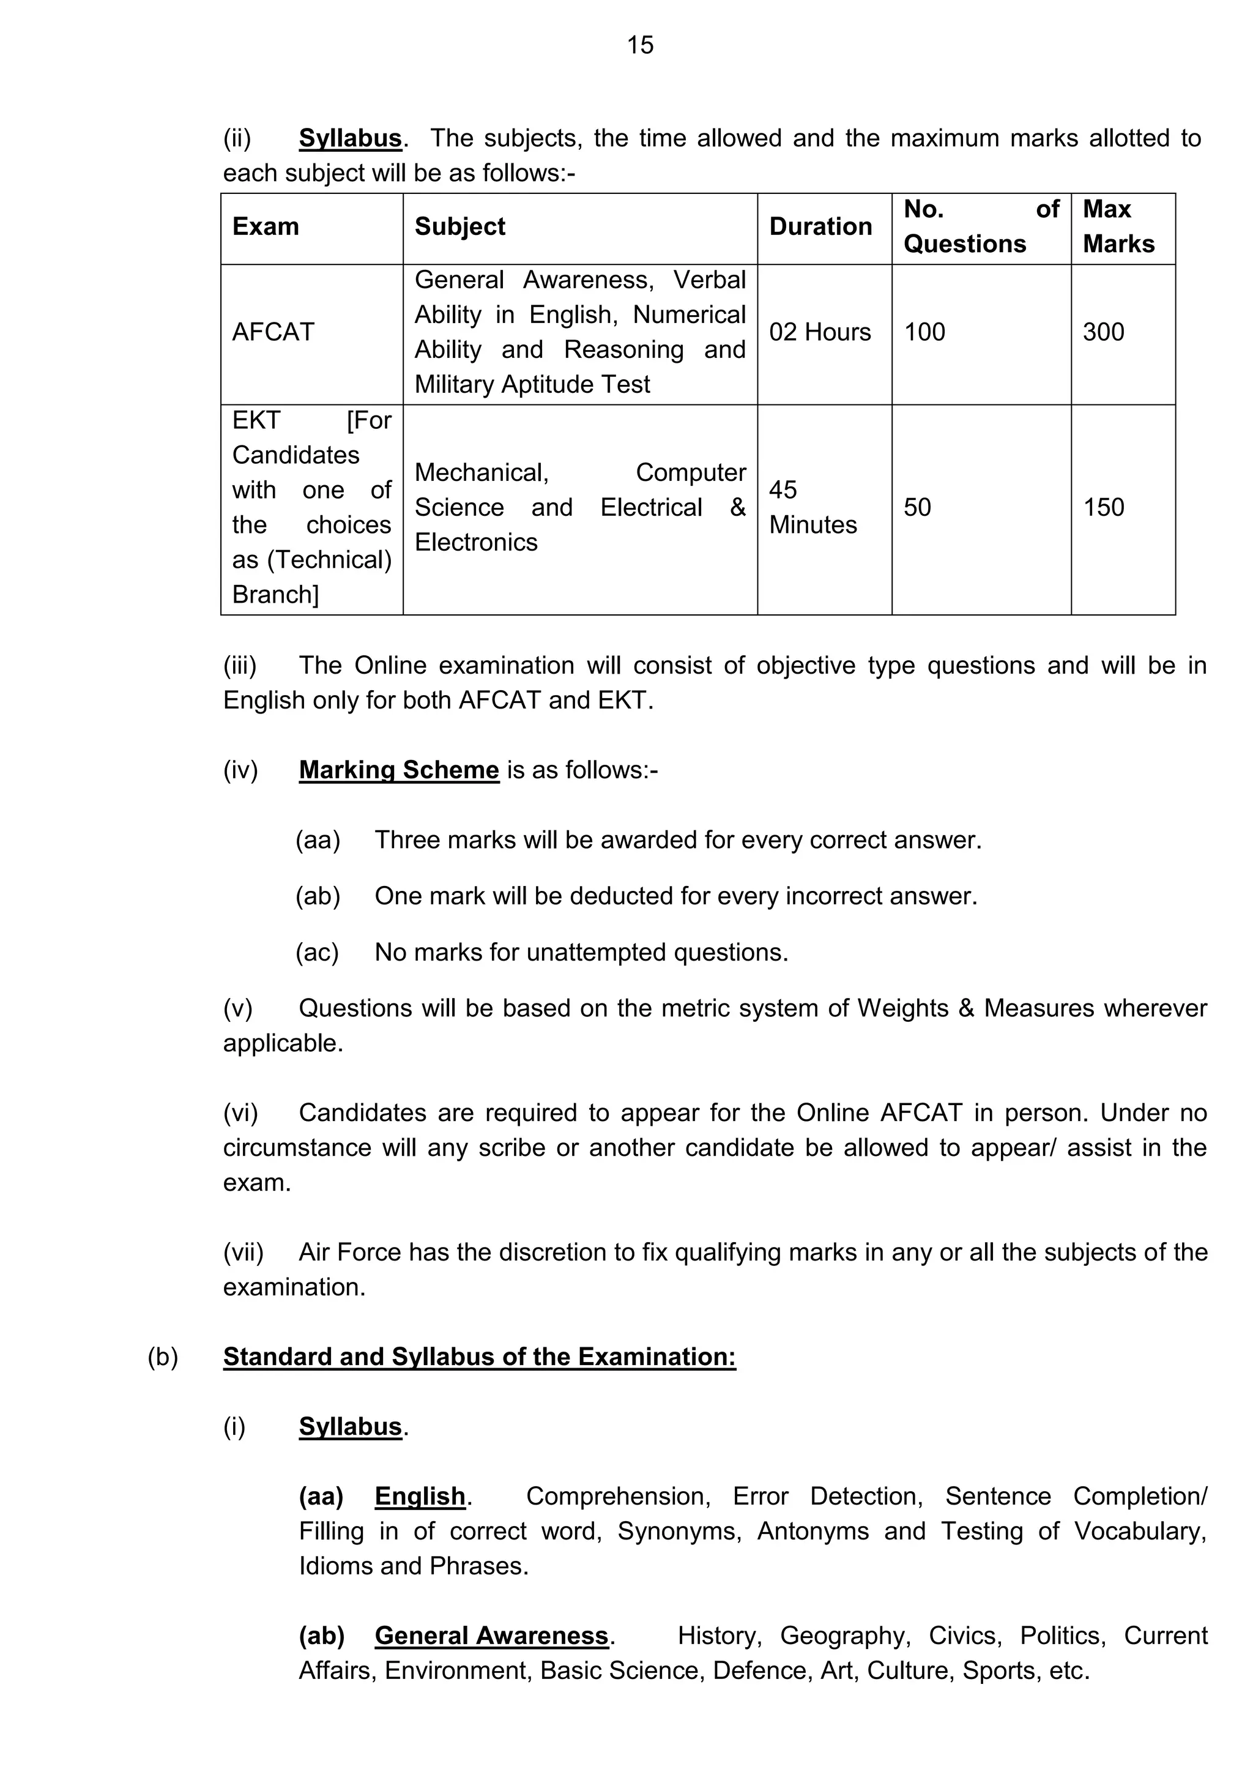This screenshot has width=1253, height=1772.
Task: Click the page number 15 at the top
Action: [639, 45]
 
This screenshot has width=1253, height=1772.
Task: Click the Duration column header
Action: [820, 226]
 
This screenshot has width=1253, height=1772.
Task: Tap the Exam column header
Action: [266, 226]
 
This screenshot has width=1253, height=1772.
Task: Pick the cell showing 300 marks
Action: [1103, 332]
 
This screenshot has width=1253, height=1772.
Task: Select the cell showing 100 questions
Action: [924, 332]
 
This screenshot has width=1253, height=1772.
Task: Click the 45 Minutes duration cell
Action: [812, 507]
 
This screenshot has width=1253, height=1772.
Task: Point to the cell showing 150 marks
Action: [1103, 507]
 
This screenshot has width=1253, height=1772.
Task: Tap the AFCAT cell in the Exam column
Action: [273, 332]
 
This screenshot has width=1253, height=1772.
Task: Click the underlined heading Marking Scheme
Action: [399, 770]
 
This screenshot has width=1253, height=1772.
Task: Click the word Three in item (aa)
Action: [407, 839]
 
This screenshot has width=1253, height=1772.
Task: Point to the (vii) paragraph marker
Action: [243, 1252]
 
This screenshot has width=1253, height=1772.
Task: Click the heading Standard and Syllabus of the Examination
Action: [479, 1356]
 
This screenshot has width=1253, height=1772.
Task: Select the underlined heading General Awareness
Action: [491, 1636]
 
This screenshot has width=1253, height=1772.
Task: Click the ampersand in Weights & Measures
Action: [966, 1008]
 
